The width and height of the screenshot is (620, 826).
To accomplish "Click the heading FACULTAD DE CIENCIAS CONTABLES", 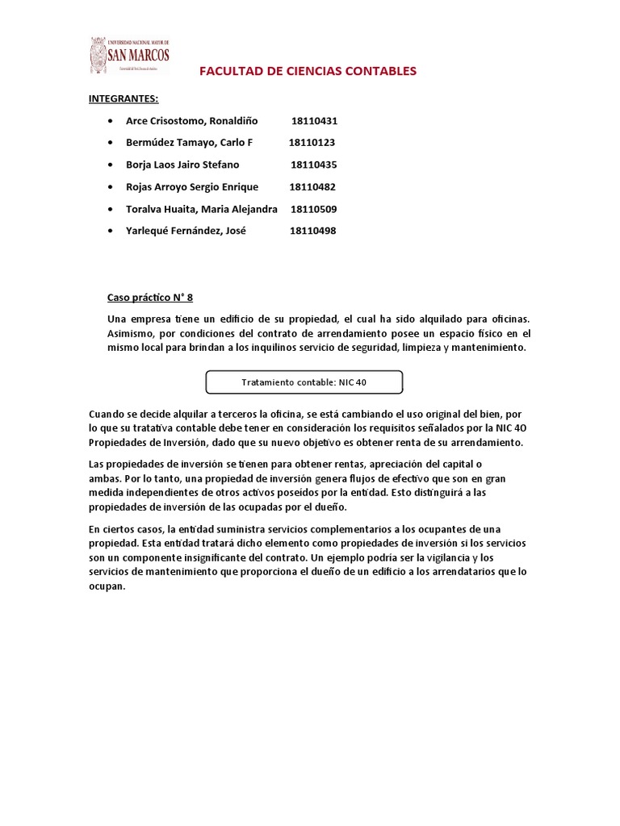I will [308, 71].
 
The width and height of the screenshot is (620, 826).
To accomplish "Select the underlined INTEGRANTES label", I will [124, 99].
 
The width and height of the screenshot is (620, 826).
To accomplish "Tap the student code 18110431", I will [314, 121].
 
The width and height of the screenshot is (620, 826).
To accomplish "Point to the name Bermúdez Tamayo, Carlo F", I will [189, 143].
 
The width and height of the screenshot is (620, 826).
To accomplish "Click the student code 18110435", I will [313, 165].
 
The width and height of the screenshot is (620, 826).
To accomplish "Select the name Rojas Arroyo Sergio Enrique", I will [192, 187].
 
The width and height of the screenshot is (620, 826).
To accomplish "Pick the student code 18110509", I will [313, 209].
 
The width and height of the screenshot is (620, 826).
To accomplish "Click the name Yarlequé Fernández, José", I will [186, 231].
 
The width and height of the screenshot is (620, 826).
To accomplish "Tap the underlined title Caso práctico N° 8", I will [151, 296].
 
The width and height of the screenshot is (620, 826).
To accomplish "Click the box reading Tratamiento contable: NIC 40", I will [304, 382].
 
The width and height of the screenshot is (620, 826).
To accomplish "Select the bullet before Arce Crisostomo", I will [110, 121].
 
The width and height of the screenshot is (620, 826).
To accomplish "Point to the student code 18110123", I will [312, 143].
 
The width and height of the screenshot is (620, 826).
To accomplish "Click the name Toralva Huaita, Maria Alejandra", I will [202, 209].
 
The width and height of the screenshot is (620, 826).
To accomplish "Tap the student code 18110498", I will [312, 231].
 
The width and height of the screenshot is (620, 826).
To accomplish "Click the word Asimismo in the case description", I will [130, 334].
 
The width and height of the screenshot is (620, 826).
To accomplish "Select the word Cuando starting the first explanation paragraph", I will [107, 414].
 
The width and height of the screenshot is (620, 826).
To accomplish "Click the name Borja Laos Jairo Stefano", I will [182, 165].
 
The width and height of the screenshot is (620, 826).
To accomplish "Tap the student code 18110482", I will [312, 187].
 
